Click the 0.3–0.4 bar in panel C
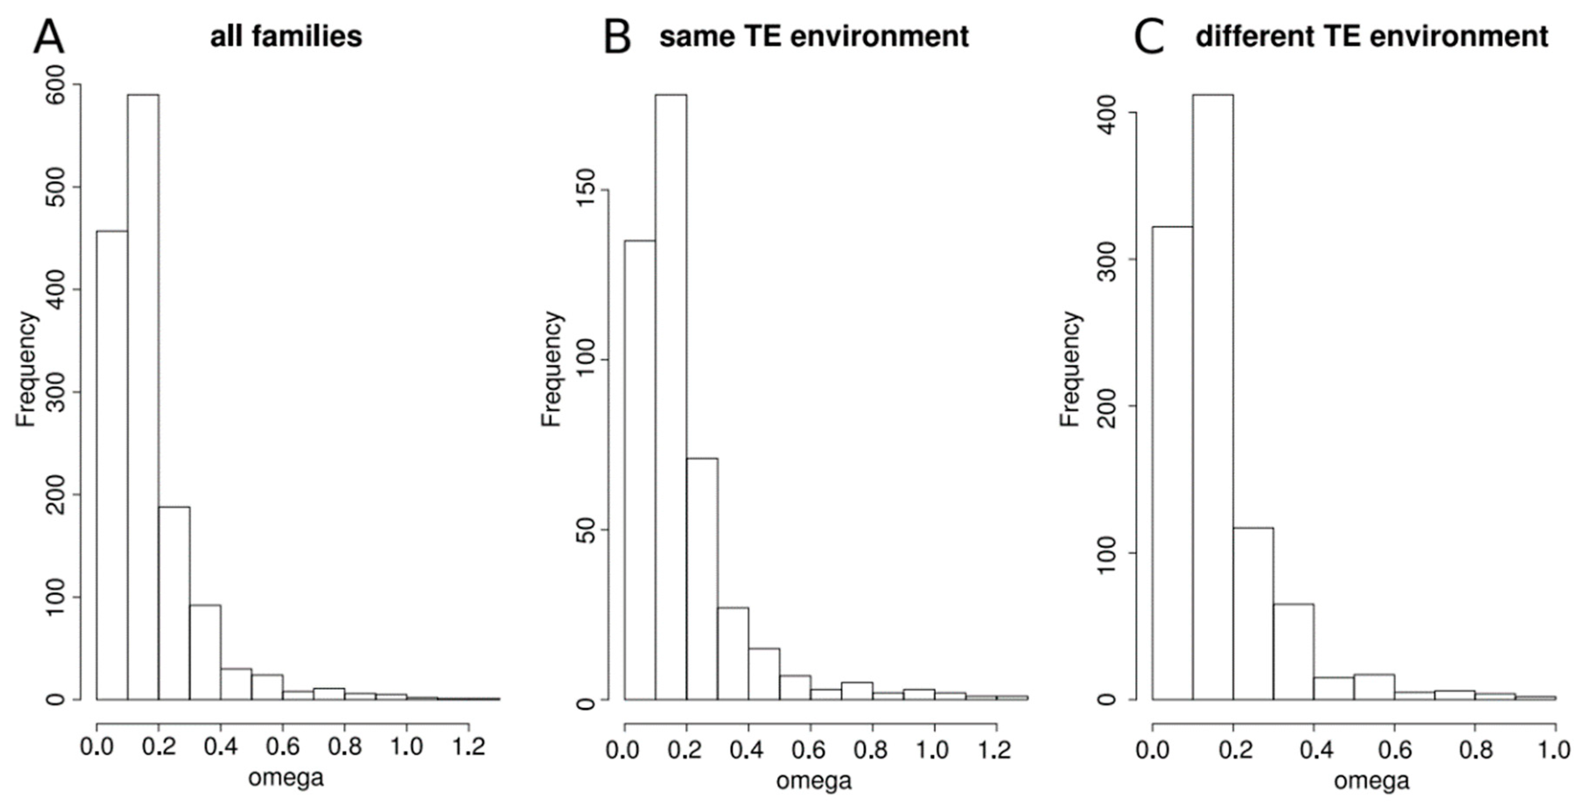point(1293,651)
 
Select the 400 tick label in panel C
point(1107,113)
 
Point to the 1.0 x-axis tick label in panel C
point(1555,749)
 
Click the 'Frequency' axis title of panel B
point(552,368)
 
